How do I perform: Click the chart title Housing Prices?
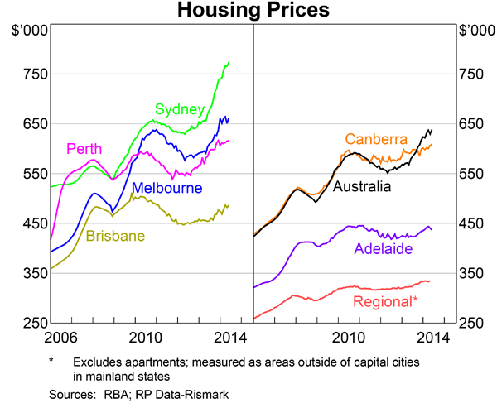[x=248, y=11]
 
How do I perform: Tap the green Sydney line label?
[x=180, y=109]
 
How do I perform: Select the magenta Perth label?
[x=84, y=149]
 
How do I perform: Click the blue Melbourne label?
[x=163, y=188]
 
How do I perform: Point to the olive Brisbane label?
[x=115, y=236]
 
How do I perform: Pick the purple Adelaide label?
[x=384, y=247]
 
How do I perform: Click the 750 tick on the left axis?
[x=35, y=74]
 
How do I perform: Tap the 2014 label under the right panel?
[x=435, y=337]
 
